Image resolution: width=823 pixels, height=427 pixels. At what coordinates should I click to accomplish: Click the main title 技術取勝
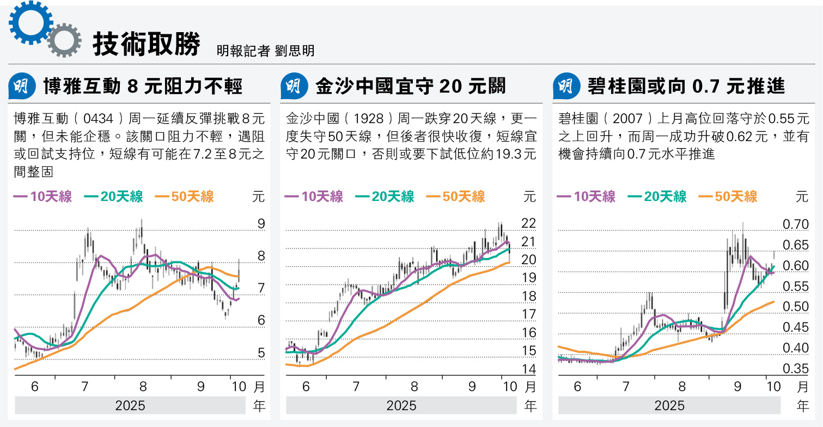[x=146, y=44]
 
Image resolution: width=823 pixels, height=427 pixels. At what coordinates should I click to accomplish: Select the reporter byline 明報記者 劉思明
[x=265, y=51]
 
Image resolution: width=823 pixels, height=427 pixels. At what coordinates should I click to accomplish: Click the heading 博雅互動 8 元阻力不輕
[x=142, y=86]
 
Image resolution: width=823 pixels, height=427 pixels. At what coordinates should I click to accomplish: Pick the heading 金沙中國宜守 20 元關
[x=410, y=86]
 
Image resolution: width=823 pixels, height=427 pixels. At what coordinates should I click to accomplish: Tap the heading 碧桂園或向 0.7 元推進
[x=686, y=86]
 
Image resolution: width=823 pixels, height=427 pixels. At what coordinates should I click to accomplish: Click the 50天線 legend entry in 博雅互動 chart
[x=185, y=197]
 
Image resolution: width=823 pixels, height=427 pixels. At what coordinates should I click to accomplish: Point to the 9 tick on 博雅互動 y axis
[x=261, y=224]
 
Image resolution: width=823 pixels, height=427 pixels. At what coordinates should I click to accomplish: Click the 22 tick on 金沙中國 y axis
[x=529, y=223]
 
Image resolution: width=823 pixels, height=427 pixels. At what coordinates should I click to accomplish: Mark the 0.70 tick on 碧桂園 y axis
[x=795, y=224]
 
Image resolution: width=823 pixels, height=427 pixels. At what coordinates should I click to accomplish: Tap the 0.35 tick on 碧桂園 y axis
[x=795, y=369]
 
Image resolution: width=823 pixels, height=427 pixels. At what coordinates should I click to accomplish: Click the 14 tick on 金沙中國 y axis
[x=529, y=369]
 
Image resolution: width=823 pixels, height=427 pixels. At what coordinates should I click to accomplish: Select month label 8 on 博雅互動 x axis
[x=143, y=387]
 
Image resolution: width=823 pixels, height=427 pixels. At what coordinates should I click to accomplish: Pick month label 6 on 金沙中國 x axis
[x=306, y=387]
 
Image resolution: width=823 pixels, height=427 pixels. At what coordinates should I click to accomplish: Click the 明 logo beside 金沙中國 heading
[x=294, y=86]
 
